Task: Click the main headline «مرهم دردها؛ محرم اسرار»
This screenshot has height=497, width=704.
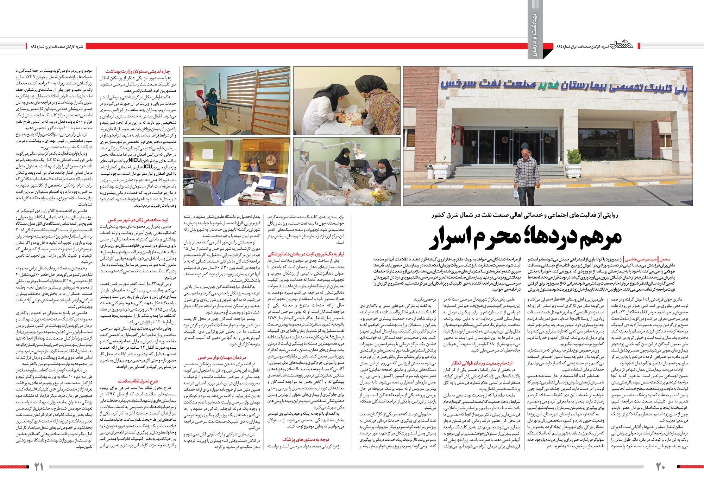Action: pyautogui.click(x=527, y=238)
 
